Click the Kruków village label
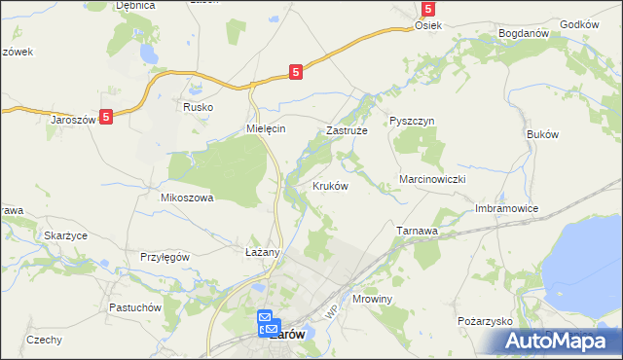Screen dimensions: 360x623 click(x=330, y=186)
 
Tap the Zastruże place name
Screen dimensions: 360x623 click(x=345, y=129)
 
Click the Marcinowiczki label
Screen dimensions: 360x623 click(x=434, y=180)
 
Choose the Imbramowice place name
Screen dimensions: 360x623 click(x=506, y=209)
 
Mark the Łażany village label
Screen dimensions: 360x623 click(x=262, y=252)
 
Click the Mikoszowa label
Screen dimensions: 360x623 click(x=186, y=197)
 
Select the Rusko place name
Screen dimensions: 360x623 click(x=198, y=107)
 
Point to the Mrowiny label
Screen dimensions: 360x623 click(x=372, y=299)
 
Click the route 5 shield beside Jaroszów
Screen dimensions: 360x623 click(x=106, y=116)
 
